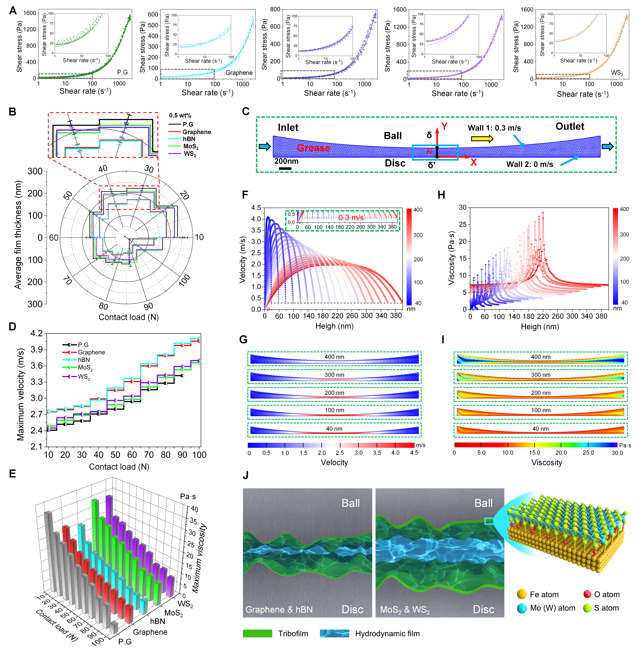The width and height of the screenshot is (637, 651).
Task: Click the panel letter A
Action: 13,11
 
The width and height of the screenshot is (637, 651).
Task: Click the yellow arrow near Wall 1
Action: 482,138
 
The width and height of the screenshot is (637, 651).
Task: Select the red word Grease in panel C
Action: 313,148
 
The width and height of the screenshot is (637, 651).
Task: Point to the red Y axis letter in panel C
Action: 444,126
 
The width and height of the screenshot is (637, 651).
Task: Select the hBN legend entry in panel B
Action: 189,139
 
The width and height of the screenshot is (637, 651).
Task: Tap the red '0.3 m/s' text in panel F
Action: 351,217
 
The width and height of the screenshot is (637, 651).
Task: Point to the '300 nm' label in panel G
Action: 334,375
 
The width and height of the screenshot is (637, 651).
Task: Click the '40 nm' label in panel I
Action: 540,429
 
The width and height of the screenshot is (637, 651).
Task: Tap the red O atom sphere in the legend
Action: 587,594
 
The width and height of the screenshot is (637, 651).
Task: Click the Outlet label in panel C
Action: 570,126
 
